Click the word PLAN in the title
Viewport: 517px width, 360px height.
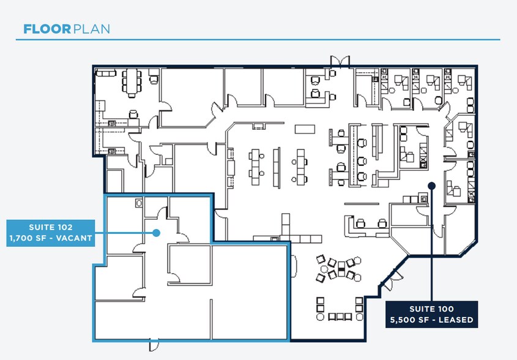click(x=91, y=29)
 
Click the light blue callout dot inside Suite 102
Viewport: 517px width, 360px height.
click(x=157, y=233)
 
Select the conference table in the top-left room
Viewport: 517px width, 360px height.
click(x=132, y=82)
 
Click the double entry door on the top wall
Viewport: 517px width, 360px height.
click(x=340, y=61)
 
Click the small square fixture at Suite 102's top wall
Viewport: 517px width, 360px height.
click(x=139, y=201)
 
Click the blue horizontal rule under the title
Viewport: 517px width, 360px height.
click(x=258, y=40)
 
